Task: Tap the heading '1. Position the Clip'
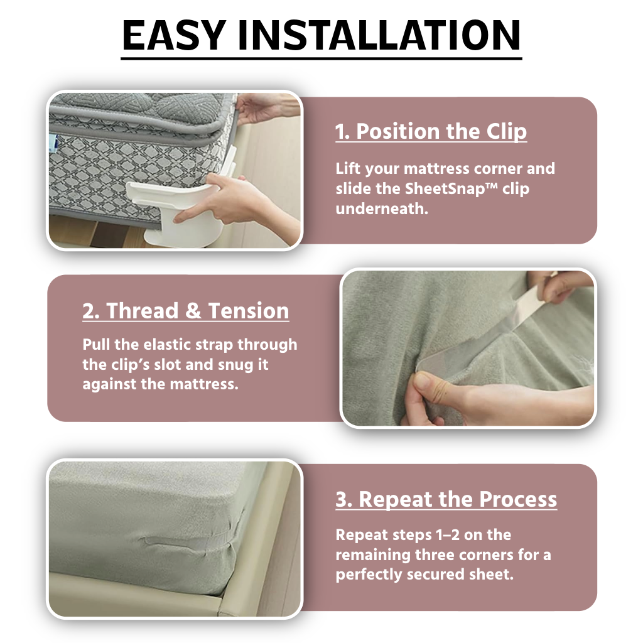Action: [x=431, y=131]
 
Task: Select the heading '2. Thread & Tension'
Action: [x=186, y=310]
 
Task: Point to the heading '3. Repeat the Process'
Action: [x=446, y=499]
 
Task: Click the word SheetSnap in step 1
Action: [x=451, y=188]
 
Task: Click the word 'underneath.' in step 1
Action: [x=382, y=208]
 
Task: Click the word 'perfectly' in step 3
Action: [x=369, y=575]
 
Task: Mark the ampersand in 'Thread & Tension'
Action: [x=192, y=310]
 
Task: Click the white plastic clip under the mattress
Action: [x=176, y=209]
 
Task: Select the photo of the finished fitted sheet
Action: [x=175, y=539]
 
